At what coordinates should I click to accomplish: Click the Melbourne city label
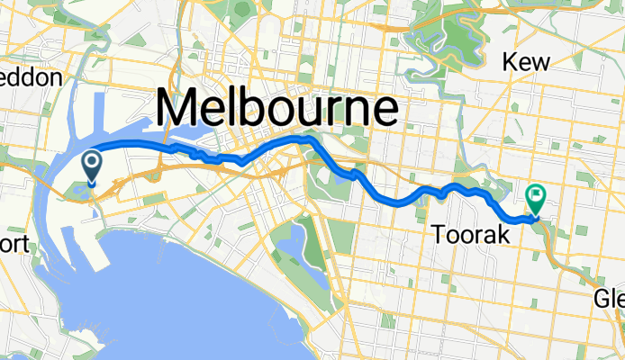(277, 109)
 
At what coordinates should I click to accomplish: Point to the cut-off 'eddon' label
(31, 77)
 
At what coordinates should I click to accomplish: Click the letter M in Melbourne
(180, 109)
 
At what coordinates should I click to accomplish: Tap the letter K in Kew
(510, 61)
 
